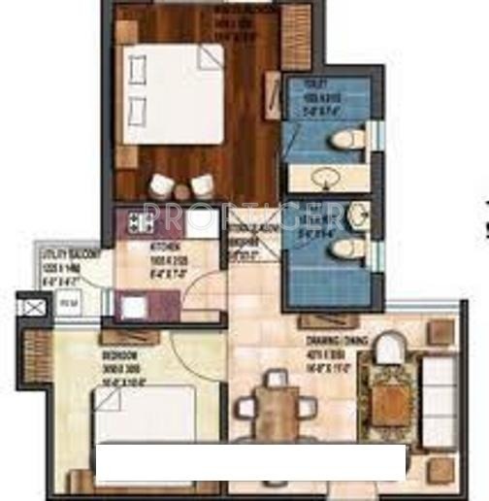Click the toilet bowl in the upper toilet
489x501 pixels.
(345, 141)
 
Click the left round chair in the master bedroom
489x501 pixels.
(163, 184)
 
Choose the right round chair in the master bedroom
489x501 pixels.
(202, 184)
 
